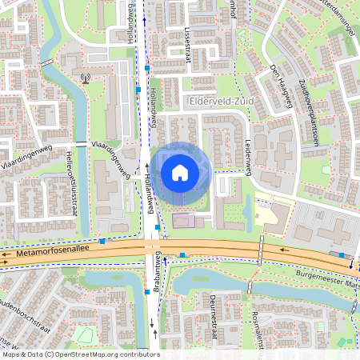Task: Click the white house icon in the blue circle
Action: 180,173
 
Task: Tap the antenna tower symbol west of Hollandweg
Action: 86,79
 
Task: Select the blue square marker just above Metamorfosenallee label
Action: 102,241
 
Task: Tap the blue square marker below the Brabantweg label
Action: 147,292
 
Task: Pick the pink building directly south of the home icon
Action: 183,220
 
